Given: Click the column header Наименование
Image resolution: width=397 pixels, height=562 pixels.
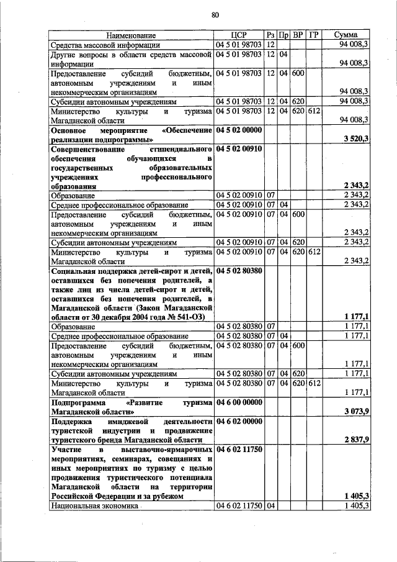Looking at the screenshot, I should [130, 35].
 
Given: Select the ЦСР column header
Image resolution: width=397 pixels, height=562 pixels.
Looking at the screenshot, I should [239, 35].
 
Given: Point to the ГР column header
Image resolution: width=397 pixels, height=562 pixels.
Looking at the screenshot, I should [313, 35].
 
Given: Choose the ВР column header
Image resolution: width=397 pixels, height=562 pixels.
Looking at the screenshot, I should [298, 35].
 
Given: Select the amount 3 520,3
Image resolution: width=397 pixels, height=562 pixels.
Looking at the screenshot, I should [356, 140].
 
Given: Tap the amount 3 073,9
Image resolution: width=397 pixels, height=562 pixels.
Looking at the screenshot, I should [356, 412].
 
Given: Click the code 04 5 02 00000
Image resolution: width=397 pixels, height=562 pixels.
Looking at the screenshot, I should [239, 130].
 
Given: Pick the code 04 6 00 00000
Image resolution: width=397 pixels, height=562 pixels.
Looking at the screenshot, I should [239, 402].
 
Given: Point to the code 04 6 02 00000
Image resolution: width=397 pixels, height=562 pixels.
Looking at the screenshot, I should [239, 421].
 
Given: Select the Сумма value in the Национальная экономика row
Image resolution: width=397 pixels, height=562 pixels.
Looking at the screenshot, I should [356, 506].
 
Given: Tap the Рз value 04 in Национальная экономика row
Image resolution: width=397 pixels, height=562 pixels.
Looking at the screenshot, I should [271, 506].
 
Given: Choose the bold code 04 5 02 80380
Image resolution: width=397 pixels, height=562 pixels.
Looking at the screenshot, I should [239, 271].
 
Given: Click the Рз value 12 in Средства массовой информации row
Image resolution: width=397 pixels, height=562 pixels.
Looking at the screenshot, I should [271, 45].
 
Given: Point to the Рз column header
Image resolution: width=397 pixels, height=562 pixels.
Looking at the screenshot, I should [271, 35].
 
